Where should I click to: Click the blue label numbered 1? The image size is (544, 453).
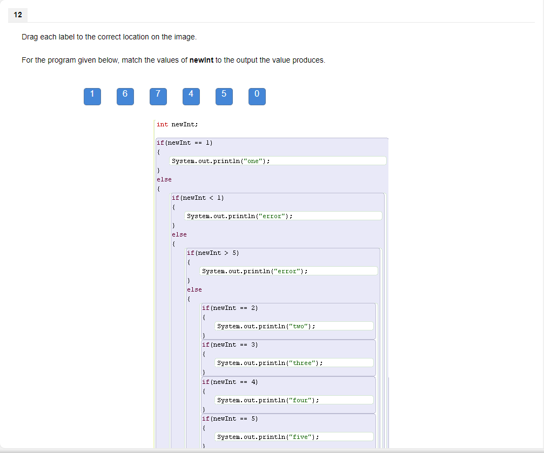click(x=92, y=96)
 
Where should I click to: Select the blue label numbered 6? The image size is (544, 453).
click(x=125, y=96)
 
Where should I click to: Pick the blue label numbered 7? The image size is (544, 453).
click(x=158, y=96)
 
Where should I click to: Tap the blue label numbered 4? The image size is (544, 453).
click(x=191, y=96)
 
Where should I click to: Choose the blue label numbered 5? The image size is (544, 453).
click(x=224, y=96)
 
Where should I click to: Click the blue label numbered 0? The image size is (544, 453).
click(x=257, y=96)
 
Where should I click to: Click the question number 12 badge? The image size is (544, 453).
click(x=18, y=15)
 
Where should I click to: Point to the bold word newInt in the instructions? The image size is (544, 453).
click(x=202, y=60)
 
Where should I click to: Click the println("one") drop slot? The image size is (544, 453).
click(x=278, y=161)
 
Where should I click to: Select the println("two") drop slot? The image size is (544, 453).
click(x=294, y=326)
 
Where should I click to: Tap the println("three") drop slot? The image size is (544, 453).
click(x=294, y=363)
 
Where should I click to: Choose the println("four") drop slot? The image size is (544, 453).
click(x=294, y=400)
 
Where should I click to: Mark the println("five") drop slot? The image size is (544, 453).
click(x=294, y=437)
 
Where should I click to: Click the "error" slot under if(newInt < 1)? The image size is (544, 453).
click(x=283, y=216)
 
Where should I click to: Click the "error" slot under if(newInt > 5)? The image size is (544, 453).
click(x=288, y=271)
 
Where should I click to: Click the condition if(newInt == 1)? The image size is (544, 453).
click(x=184, y=143)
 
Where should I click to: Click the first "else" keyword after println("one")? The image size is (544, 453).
click(x=164, y=179)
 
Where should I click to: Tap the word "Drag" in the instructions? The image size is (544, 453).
click(x=30, y=37)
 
